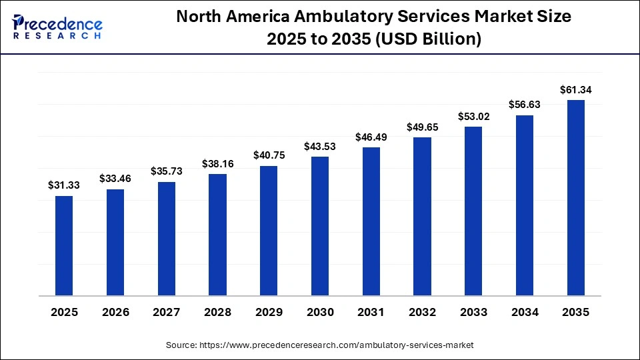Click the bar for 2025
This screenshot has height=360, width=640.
pyautogui.click(x=64, y=245)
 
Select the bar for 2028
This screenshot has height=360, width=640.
pyautogui.click(x=217, y=235)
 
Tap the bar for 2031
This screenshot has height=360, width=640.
pyautogui.click(x=371, y=221)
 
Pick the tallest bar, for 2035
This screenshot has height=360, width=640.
pyautogui.click(x=575, y=197)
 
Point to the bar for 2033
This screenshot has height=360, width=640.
pyautogui.click(x=473, y=211)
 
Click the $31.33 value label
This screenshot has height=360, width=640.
pyautogui.click(x=64, y=186)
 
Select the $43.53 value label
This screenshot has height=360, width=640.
pyautogui.click(x=320, y=146)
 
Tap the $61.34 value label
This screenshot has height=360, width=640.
pyautogui.click(x=575, y=89)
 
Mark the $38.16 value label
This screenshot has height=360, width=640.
pyautogui.click(x=217, y=163)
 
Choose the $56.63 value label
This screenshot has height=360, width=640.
pyautogui.click(x=525, y=104)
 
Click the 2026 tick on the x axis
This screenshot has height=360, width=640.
pyautogui.click(x=115, y=312)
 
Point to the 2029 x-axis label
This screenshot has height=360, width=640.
pyautogui.click(x=269, y=312)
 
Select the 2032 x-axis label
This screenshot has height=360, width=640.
pyautogui.click(x=422, y=312)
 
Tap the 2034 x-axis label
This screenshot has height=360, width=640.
pyautogui.click(x=525, y=312)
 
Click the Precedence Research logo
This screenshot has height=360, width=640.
pyautogui.click(x=57, y=27)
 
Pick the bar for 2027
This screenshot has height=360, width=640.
pyautogui.click(x=167, y=239)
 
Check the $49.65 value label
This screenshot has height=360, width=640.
pyautogui.click(x=422, y=127)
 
